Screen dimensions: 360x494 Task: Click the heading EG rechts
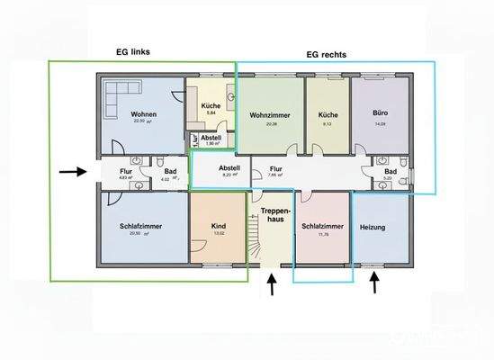pyautogui.click(x=327, y=54)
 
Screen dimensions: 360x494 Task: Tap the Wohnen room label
pyautogui.click(x=145, y=114)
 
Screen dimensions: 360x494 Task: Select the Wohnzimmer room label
pyautogui.click(x=271, y=115)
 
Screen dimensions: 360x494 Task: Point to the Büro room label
pyautogui.click(x=379, y=115)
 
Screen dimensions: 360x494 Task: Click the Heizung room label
pyautogui.click(x=371, y=227)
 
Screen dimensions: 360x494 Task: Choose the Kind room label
pyautogui.click(x=218, y=227)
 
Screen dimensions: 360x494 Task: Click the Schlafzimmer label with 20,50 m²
pyautogui.click(x=139, y=226)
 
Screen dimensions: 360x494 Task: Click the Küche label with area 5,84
pyautogui.click(x=211, y=105)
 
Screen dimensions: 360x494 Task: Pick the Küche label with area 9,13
pyautogui.click(x=327, y=115)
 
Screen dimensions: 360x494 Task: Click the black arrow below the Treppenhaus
pyautogui.click(x=272, y=286)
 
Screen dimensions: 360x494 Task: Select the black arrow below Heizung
pyautogui.click(x=375, y=285)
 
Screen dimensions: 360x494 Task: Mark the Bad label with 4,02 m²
pyautogui.click(x=170, y=171)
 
